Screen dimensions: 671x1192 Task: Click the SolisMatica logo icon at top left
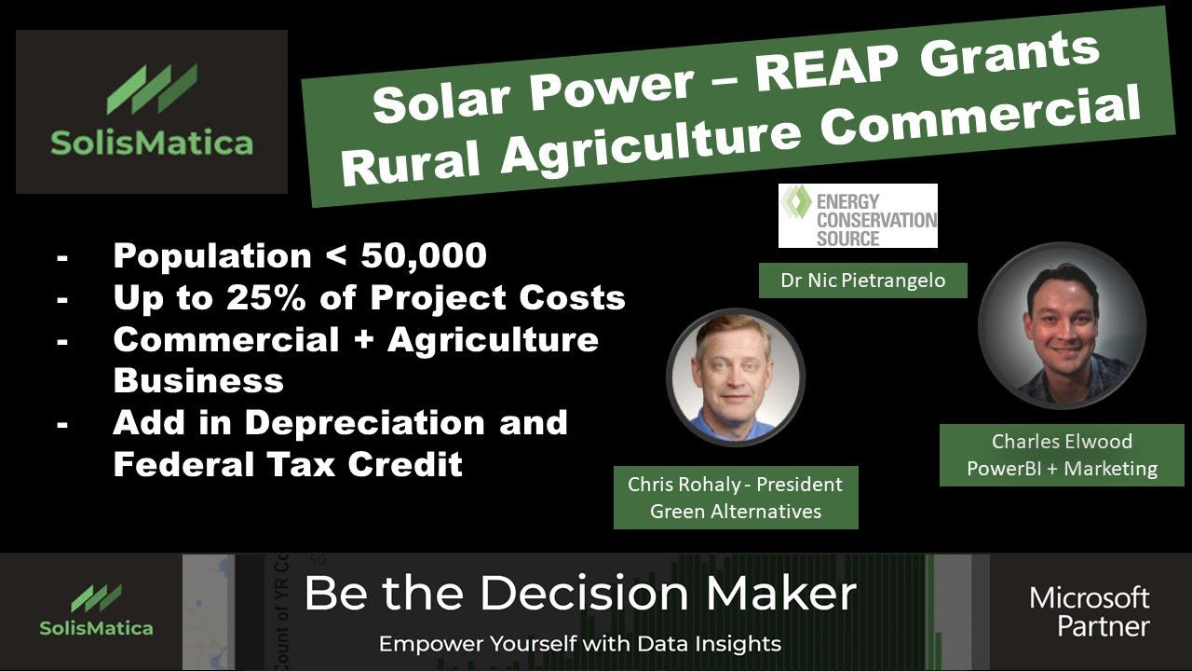[152, 89]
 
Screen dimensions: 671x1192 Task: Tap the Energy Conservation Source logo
[858, 215]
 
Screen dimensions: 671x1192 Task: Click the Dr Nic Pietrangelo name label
[862, 281]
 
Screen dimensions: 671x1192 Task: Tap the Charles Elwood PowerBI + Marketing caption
[1062, 454]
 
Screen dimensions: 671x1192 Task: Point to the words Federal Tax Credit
[288, 464]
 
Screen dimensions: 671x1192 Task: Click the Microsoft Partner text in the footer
[1089, 610]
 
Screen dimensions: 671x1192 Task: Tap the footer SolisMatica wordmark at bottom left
[96, 627]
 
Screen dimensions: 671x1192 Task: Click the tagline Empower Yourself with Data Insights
[579, 643]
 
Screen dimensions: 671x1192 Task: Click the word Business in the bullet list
[198, 380]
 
